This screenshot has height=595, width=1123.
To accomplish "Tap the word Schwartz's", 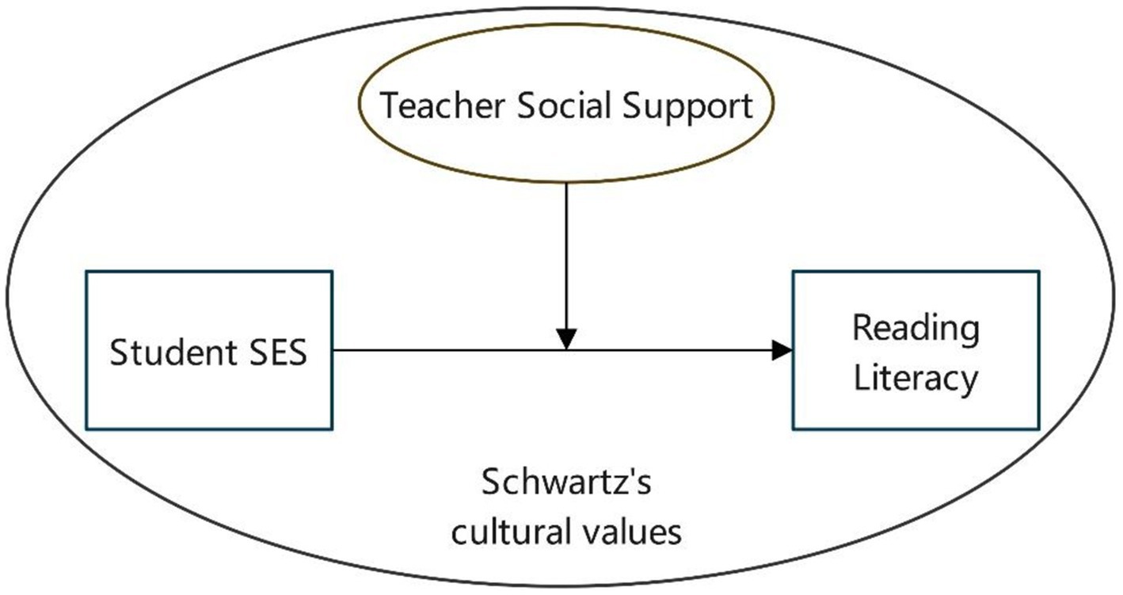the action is click(566, 482).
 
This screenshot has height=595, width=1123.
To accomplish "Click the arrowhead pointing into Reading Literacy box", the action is click(782, 350).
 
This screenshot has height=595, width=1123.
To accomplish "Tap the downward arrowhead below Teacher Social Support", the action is click(566, 339).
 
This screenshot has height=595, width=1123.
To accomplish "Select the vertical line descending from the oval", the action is click(566, 254).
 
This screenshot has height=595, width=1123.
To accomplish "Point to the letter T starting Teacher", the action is click(388, 106).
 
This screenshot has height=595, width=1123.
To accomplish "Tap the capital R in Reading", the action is click(861, 329).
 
